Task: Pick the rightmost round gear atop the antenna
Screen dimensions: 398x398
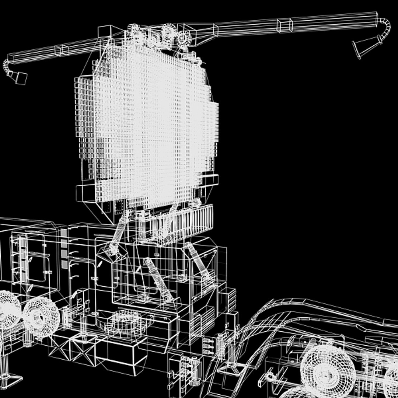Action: click(184, 37)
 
